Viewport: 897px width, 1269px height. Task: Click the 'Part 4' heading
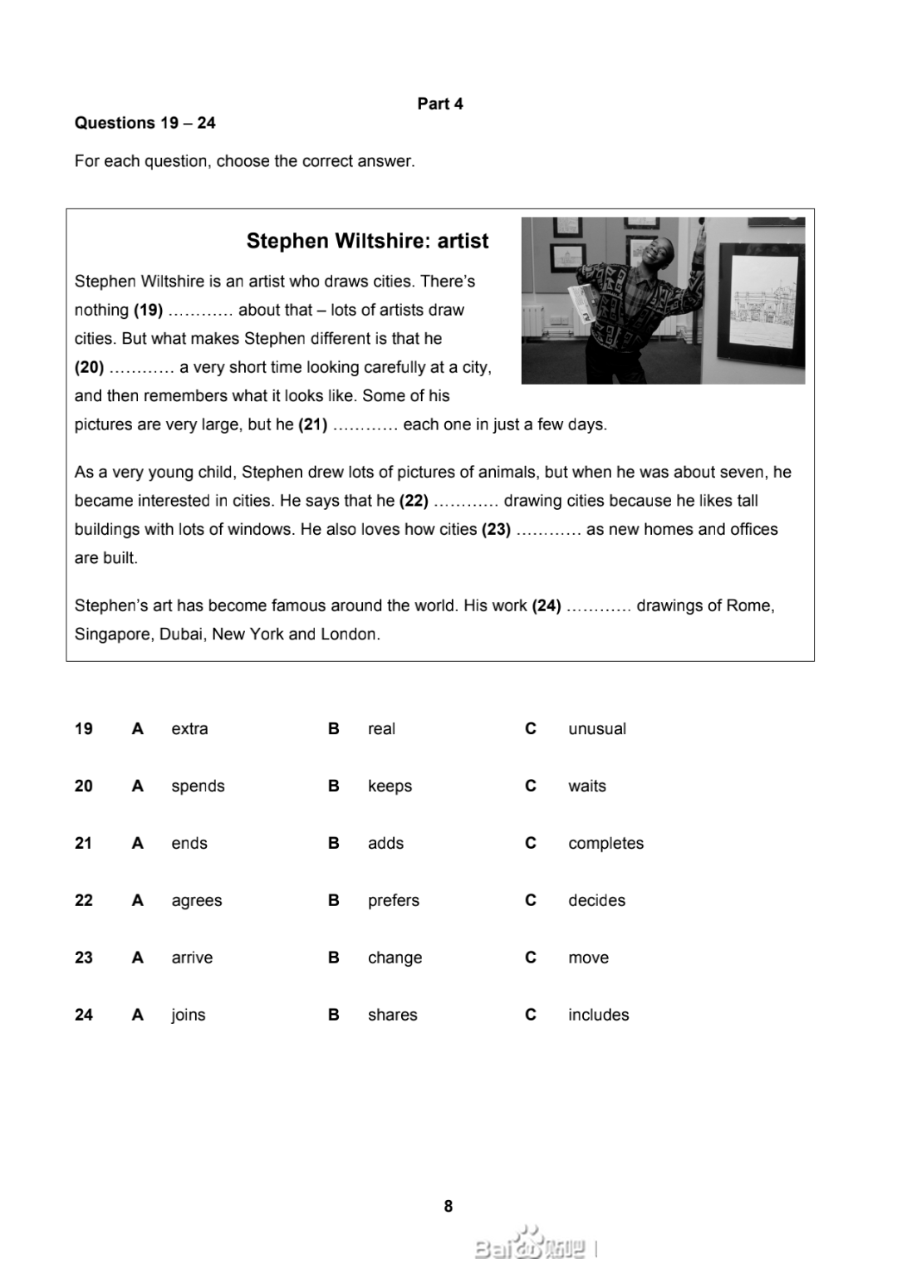coord(440,104)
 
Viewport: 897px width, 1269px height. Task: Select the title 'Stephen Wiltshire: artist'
coord(367,241)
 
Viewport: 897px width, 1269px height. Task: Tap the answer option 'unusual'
coord(596,728)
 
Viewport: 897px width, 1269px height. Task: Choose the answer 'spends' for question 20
coord(198,786)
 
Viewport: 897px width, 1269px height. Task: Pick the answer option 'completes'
coord(605,843)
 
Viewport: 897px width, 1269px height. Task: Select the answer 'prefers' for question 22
coord(393,900)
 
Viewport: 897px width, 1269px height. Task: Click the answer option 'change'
coord(395,958)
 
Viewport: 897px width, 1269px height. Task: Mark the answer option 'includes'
coord(598,1015)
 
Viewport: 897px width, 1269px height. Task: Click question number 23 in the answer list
coord(84,958)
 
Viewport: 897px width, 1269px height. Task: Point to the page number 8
coord(448,1206)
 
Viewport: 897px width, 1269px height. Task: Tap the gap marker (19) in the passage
coord(149,311)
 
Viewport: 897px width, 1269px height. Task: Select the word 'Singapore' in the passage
coord(112,634)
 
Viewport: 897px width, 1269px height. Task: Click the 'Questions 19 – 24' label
coord(145,123)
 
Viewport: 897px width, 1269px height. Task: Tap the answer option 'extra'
coord(189,728)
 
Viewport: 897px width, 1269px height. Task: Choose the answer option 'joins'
coord(188,1015)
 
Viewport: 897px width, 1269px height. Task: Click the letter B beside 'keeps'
coord(334,786)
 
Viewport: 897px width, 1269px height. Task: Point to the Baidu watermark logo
coord(532,1246)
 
